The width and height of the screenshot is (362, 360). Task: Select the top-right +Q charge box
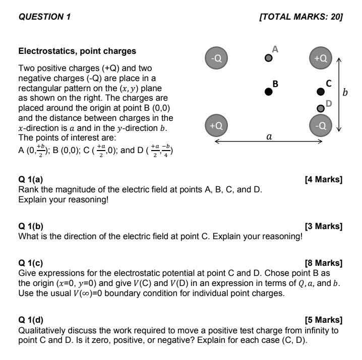coord(321,58)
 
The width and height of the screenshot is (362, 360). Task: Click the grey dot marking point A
coord(269,58)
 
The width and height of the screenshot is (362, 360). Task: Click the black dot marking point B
coord(269,92)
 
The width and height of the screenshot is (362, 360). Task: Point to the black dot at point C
coord(320,92)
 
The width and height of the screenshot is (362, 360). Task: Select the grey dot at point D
coord(320,108)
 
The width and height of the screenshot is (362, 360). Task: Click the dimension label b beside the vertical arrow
coord(345,92)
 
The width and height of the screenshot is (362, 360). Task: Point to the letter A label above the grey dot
coord(275,49)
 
